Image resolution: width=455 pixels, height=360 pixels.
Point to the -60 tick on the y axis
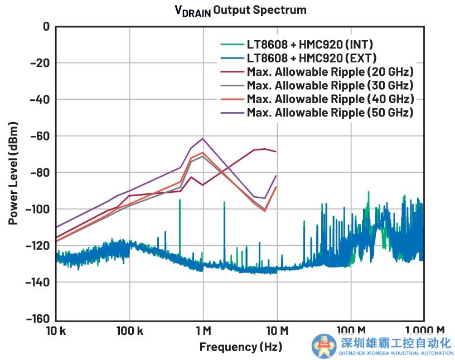pyautogui.click(x=39, y=136)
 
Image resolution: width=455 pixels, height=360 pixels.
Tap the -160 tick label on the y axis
pyautogui.click(x=36, y=319)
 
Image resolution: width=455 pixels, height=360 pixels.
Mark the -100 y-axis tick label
pyautogui.click(x=36, y=209)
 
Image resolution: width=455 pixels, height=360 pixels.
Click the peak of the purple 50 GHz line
pyautogui.click(x=203, y=138)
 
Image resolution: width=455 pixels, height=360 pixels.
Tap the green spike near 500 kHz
pyautogui.click(x=180, y=200)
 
